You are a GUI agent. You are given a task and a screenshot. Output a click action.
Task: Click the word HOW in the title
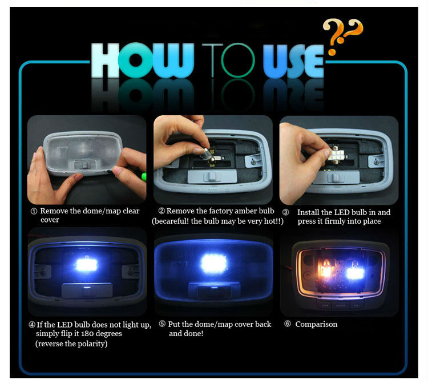point(143,60)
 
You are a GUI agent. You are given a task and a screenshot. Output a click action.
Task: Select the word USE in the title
point(293,61)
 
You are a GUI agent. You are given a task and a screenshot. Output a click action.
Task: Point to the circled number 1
point(34,212)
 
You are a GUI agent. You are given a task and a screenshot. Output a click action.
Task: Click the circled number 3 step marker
point(285,212)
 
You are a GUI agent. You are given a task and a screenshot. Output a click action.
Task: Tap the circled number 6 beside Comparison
point(287,324)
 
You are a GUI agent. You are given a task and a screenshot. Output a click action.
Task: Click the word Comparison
point(316,324)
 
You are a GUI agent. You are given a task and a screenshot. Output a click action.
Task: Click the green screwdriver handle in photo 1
point(144,177)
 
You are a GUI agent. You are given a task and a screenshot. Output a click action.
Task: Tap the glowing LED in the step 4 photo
point(87,265)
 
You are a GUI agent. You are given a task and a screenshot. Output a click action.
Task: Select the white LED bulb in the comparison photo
point(354,273)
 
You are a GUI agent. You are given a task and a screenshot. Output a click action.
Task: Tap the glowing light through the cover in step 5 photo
point(214,264)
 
